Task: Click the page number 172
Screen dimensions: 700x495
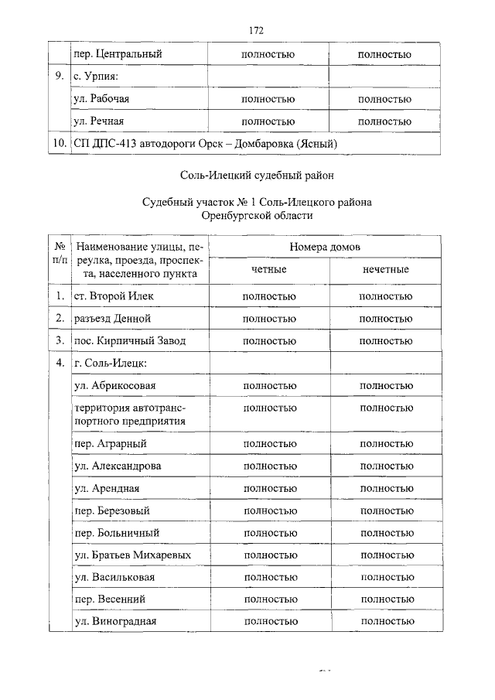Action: pyautogui.click(x=257, y=30)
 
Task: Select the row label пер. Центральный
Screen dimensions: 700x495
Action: pyautogui.click(x=118, y=55)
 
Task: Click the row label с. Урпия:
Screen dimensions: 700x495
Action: pyautogui.click(x=95, y=77)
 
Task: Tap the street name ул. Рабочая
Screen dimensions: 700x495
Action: pyautogui.click(x=101, y=100)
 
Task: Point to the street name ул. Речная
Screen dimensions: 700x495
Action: pyautogui.click(x=99, y=121)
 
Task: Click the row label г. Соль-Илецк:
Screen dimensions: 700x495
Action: pyautogui.click(x=110, y=363)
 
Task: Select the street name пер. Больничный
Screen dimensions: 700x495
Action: pyautogui.click(x=116, y=534)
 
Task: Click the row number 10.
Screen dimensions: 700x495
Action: pyautogui.click(x=56, y=144)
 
